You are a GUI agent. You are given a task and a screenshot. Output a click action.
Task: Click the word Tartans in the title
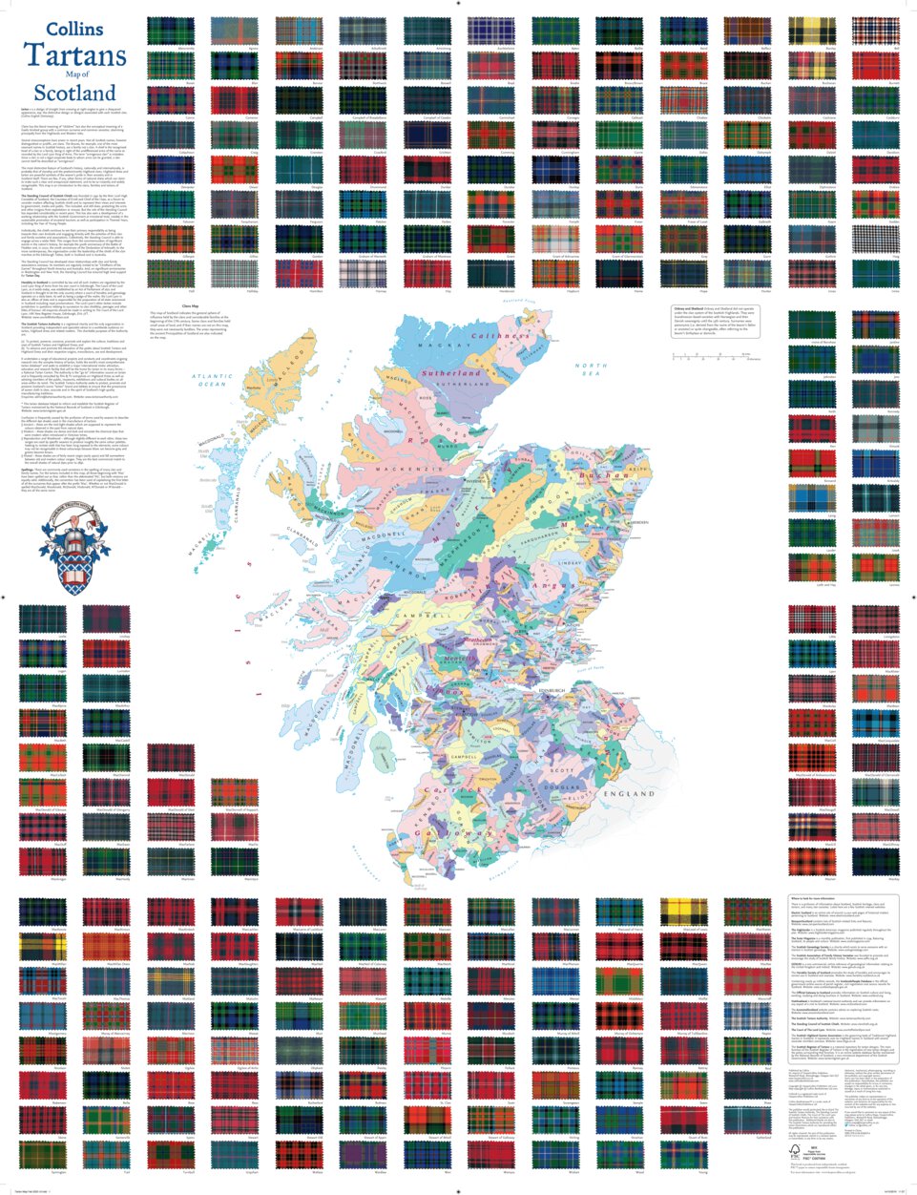(75, 57)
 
